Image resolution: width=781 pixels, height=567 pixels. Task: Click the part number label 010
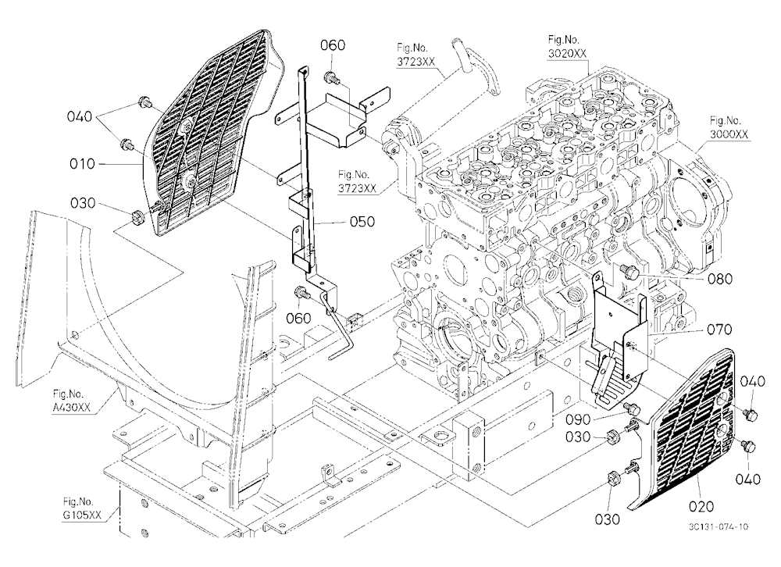click(x=82, y=164)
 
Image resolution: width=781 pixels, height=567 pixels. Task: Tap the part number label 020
click(x=701, y=507)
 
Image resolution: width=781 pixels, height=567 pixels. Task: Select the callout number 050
click(x=362, y=221)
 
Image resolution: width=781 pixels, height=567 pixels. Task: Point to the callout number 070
click(x=719, y=330)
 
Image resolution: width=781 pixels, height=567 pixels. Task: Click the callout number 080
click(x=720, y=279)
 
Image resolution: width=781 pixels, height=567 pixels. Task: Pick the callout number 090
click(x=578, y=419)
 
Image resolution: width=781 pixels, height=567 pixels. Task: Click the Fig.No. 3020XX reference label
click(x=567, y=47)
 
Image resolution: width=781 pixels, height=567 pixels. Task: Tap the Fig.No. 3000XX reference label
click(x=729, y=127)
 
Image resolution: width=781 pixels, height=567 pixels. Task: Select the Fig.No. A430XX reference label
click(x=71, y=401)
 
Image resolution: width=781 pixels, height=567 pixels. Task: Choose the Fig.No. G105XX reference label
click(x=82, y=508)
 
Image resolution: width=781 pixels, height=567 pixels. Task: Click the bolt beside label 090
click(x=633, y=408)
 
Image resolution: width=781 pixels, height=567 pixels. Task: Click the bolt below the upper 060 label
click(x=330, y=78)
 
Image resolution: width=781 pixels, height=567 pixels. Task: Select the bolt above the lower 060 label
click(x=301, y=294)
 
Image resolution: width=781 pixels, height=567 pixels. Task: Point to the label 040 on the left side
click(x=80, y=116)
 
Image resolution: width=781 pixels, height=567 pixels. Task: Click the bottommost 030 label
click(x=608, y=519)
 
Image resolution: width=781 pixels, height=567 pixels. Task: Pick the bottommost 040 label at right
click(x=748, y=480)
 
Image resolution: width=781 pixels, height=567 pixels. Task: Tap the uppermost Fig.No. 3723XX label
click(x=416, y=55)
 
